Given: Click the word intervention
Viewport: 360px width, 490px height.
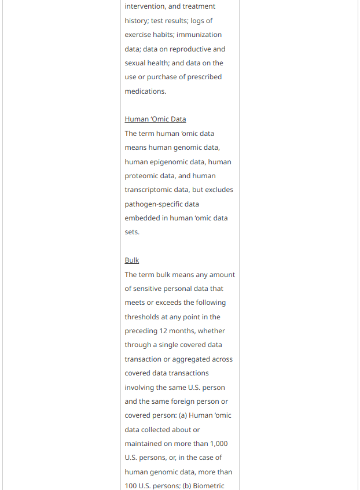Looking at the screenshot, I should pyautogui.click(x=144, y=6).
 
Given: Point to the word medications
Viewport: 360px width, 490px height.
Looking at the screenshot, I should pyautogui.click(x=145, y=91).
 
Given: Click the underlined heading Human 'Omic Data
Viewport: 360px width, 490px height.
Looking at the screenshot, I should pyautogui.click(x=155, y=119).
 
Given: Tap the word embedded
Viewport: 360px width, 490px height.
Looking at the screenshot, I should pyautogui.click(x=142, y=218).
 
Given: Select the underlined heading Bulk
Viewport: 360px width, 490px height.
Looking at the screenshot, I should pyautogui.click(x=132, y=260).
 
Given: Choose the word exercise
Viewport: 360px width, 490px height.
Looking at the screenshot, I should pyautogui.click(x=138, y=35).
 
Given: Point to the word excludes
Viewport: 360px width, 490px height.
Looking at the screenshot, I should pyautogui.click(x=219, y=190).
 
